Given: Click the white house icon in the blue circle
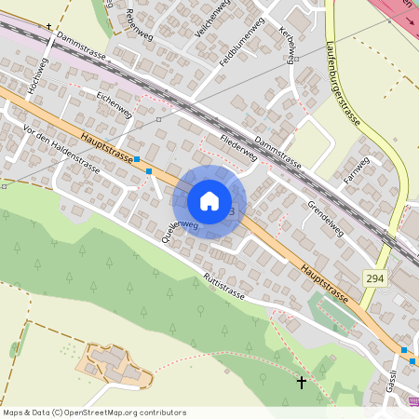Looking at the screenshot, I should point(209,200).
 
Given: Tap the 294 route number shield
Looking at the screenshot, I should point(373,277).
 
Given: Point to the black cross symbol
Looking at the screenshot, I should point(301,382).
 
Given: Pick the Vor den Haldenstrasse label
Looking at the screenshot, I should point(61,149).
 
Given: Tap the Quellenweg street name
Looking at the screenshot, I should point(181,231).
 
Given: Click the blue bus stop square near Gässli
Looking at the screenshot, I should point(404,350).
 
